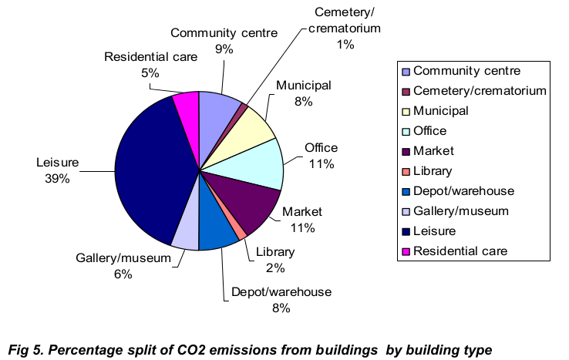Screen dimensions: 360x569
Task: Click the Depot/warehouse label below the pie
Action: pos(281,292)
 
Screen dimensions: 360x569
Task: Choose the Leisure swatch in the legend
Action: pos(406,231)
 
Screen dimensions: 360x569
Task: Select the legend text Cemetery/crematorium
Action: pos(480,91)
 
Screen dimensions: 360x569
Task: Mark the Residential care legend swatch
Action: pos(406,251)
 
